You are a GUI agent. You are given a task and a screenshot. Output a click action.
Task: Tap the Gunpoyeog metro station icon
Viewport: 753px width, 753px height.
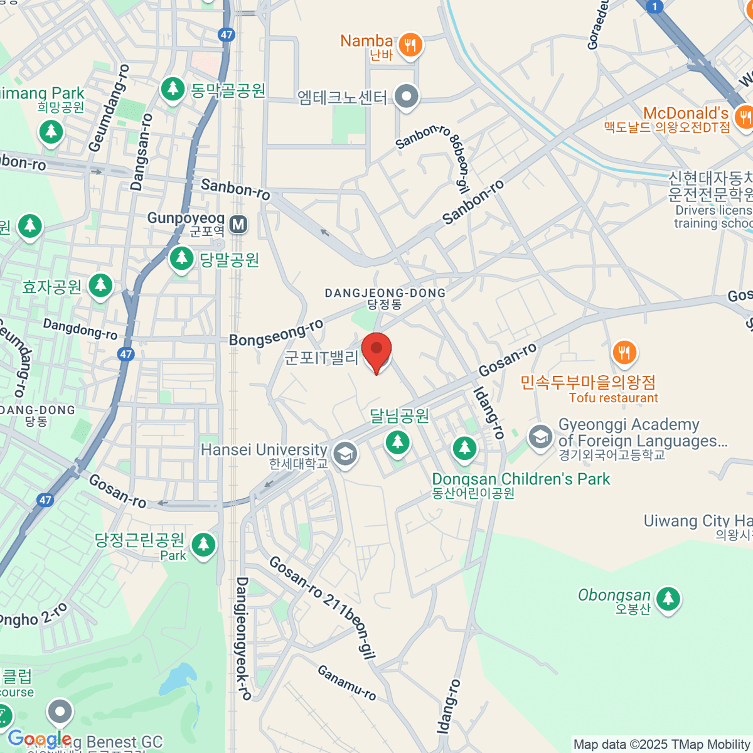tap(238, 224)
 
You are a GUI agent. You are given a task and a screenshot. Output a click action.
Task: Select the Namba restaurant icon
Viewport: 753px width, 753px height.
tap(410, 45)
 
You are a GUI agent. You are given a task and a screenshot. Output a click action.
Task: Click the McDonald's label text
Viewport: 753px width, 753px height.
tap(685, 114)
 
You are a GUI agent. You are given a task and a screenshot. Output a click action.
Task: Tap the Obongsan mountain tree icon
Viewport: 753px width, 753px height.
tap(668, 597)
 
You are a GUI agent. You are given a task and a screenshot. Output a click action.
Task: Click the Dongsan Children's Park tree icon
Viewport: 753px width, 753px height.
tap(464, 448)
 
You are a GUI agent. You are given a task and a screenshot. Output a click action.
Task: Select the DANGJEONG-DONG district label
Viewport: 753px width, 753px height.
tap(385, 293)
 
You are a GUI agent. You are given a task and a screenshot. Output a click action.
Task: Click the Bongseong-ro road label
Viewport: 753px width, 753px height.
tap(276, 333)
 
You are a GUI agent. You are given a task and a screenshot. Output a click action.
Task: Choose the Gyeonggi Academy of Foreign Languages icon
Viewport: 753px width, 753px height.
tap(540, 437)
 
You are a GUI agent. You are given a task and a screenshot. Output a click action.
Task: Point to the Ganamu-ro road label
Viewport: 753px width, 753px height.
tap(347, 683)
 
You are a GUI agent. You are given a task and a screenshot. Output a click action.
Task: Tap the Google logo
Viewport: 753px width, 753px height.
tap(39, 739)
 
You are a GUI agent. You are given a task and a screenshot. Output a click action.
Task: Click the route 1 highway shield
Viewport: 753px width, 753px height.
tap(654, 7)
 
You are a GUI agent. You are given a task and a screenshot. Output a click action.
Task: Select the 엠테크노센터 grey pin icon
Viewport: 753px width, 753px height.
tap(407, 97)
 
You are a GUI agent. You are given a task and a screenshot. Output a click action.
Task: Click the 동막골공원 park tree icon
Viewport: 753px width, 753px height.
tap(172, 89)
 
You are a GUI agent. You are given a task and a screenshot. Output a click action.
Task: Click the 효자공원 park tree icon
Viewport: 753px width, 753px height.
tap(100, 286)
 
